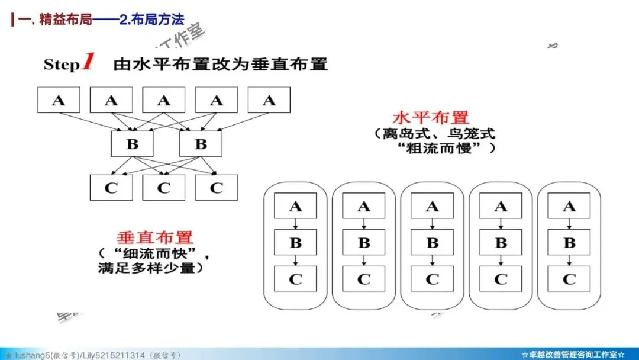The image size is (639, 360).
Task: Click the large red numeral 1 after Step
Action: pos(88,62)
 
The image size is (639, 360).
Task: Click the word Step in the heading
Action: pos(62,65)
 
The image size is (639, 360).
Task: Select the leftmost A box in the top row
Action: pos(58,100)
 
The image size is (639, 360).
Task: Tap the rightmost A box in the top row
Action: pos(269,100)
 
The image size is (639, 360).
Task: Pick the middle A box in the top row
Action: pos(164,100)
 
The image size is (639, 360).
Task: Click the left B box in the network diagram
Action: pos(132,144)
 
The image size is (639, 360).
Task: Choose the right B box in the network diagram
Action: pos(201,144)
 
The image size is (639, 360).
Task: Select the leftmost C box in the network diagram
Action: pos(111,188)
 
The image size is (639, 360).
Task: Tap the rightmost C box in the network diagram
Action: pos(217,188)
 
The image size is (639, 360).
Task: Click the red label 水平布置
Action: pos(430,117)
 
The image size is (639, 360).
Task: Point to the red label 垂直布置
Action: pos(155,237)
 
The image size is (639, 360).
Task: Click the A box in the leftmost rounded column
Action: pos(295,206)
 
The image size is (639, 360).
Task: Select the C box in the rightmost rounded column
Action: pos(569,279)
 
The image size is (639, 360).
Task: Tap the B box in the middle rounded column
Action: pos(433,242)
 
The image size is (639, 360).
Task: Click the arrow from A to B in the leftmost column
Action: pos(295,224)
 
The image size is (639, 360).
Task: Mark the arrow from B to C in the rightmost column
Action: pos(569,261)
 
